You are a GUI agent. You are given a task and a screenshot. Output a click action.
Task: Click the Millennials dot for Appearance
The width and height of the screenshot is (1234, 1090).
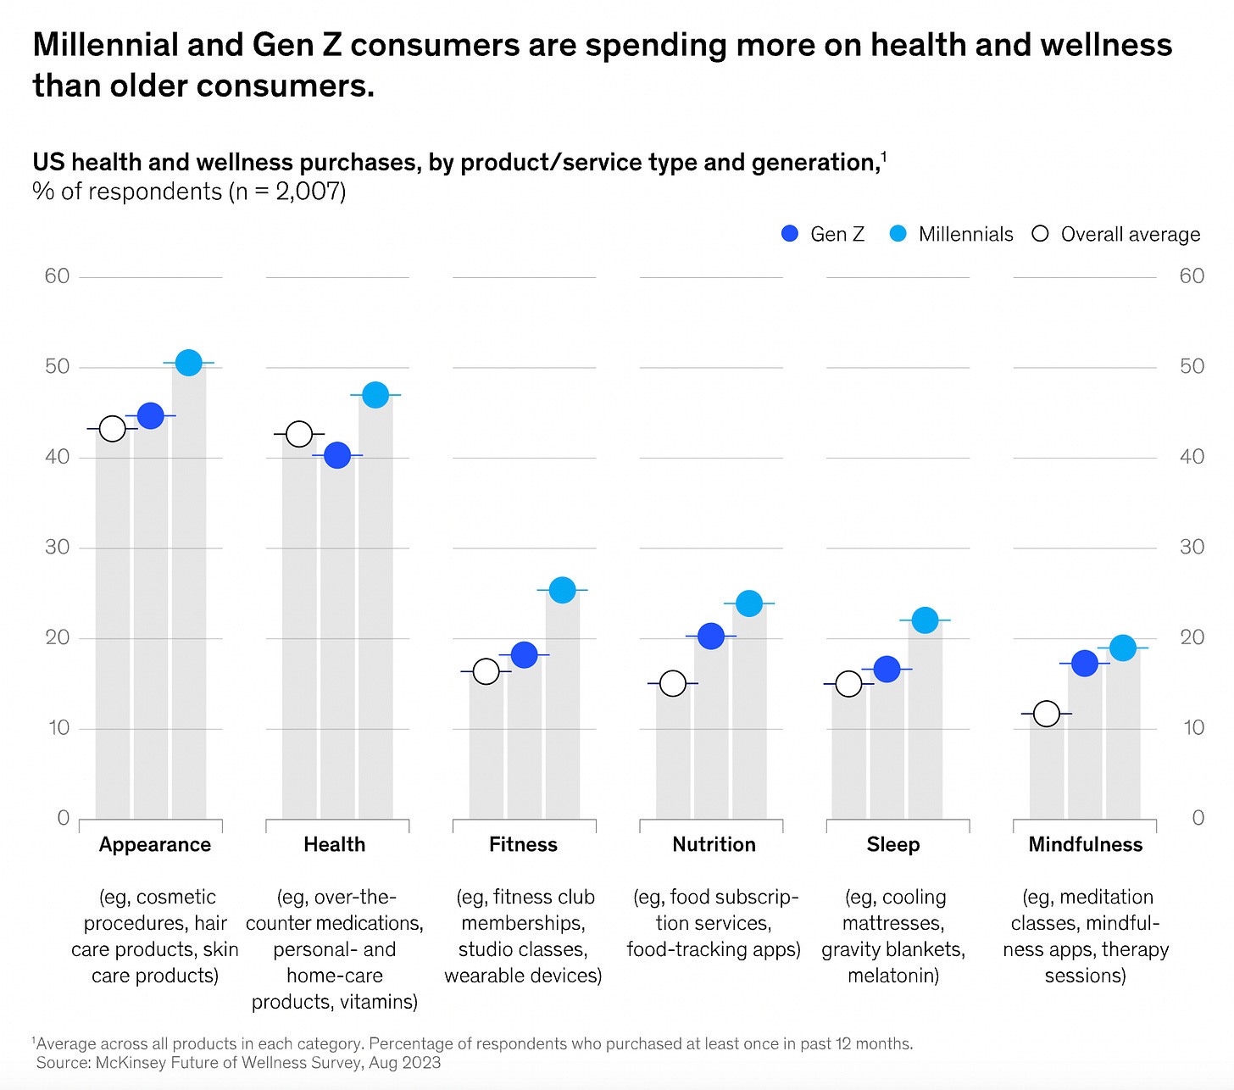tap(188, 363)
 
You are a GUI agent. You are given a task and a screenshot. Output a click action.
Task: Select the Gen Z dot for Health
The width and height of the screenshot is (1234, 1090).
tap(337, 455)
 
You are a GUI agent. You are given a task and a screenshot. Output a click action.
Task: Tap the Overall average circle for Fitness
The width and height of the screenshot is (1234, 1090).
tap(486, 671)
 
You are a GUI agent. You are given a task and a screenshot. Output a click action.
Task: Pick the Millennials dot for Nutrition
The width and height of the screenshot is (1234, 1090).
tap(749, 603)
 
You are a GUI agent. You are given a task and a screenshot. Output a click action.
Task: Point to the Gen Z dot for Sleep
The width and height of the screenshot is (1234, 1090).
tap(887, 669)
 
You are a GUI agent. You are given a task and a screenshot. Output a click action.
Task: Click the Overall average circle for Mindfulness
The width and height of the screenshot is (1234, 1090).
tap(1047, 714)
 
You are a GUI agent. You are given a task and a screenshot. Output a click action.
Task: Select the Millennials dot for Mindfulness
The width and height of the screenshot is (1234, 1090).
tap(1123, 648)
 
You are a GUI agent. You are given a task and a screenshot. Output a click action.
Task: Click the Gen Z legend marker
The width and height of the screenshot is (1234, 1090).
tap(790, 234)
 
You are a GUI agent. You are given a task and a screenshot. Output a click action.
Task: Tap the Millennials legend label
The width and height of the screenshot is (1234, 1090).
tap(965, 234)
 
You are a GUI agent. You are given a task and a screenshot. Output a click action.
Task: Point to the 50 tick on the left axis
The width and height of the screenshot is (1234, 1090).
tap(57, 366)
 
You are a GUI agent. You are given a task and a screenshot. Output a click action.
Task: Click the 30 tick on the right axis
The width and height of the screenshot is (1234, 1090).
tap(1192, 547)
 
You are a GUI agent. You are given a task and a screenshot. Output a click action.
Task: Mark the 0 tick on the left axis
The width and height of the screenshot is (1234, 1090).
tap(63, 817)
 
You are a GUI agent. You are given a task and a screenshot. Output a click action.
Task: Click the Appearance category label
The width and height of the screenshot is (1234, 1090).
tap(155, 844)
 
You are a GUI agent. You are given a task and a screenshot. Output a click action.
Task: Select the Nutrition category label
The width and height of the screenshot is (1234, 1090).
tap(714, 844)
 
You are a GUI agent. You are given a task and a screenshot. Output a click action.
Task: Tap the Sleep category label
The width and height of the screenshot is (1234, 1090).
tap(892, 844)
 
